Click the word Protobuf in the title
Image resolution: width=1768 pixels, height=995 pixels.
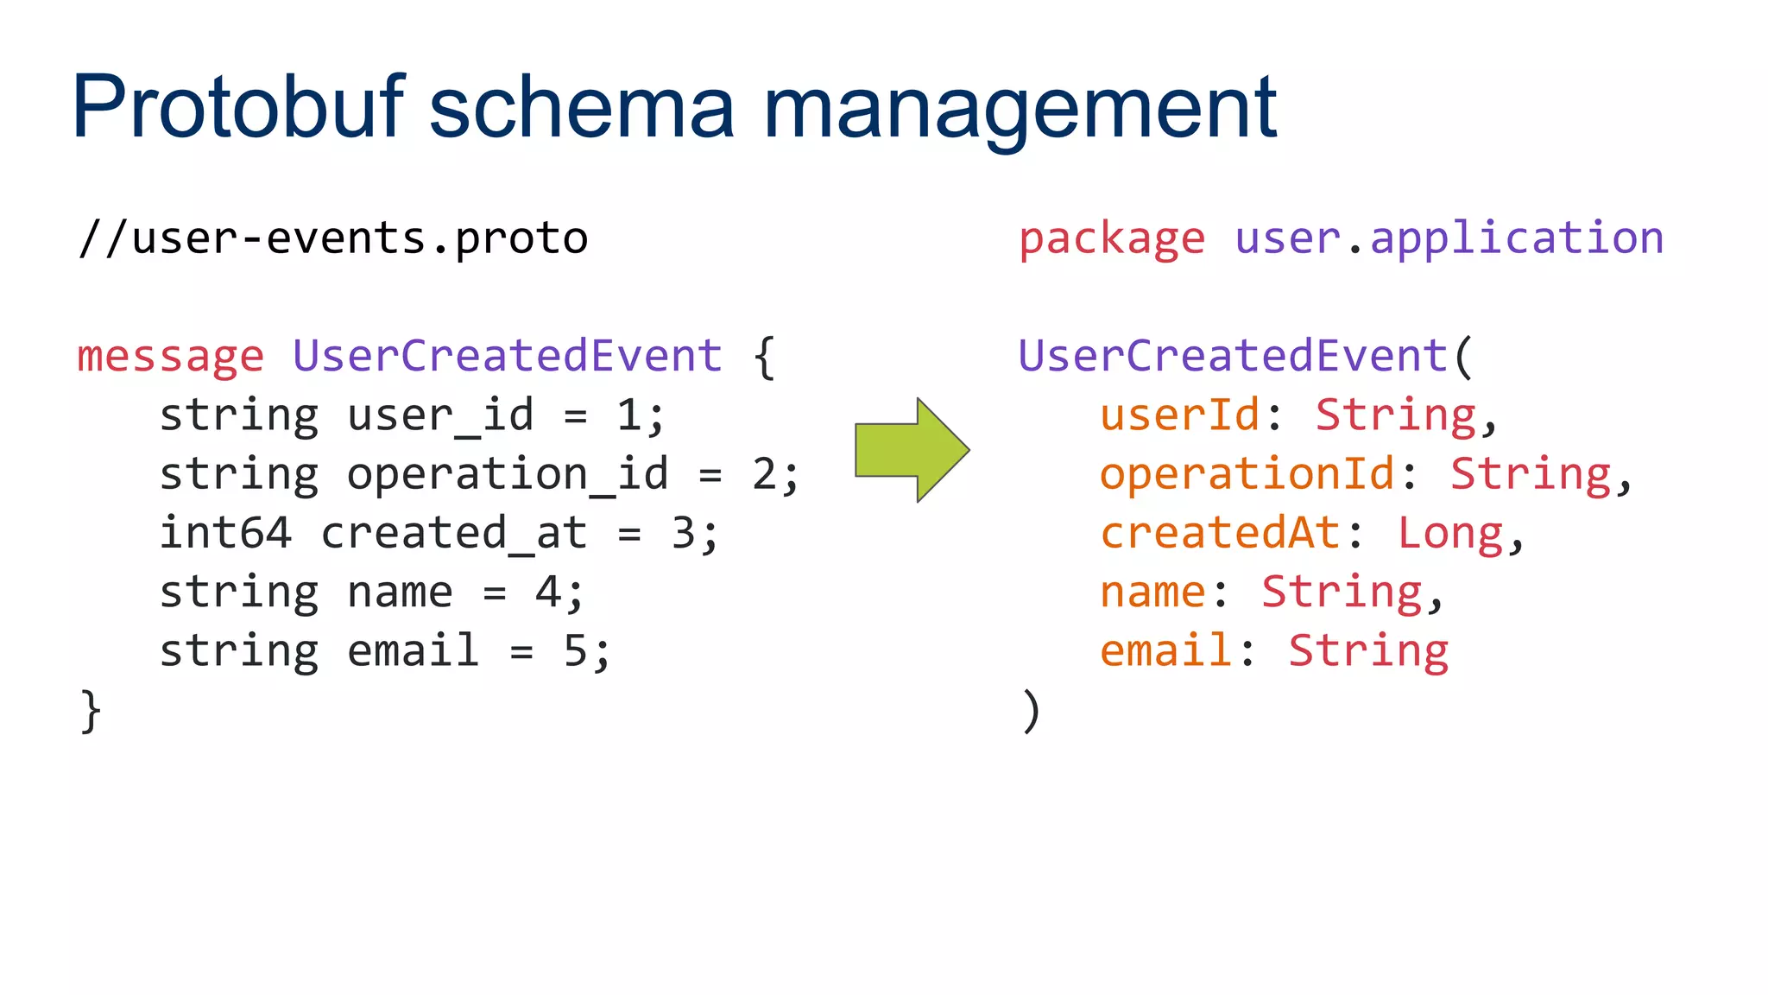click(x=237, y=108)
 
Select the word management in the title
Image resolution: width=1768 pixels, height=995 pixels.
click(x=1019, y=108)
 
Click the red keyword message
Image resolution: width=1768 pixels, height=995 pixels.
click(x=170, y=357)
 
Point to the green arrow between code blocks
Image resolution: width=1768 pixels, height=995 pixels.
click(x=912, y=450)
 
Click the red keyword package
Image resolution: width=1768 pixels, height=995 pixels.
click(x=1112, y=239)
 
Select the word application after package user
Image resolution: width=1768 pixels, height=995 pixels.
click(x=1517, y=239)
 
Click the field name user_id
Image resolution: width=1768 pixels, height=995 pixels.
click(x=440, y=415)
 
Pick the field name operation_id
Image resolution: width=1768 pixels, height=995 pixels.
click(x=508, y=474)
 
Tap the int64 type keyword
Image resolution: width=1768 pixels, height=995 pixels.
click(x=225, y=533)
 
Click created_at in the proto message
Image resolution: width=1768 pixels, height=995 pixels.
click(x=454, y=533)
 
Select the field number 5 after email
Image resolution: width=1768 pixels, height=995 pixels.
click(x=575, y=650)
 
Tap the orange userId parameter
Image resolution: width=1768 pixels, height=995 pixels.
click(x=1179, y=415)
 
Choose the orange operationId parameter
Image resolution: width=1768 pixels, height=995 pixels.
click(x=1247, y=474)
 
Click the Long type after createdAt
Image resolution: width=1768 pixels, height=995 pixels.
click(x=1450, y=533)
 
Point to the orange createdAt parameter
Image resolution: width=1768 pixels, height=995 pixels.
click(x=1220, y=533)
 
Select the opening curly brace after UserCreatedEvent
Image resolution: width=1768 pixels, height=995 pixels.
click(x=764, y=357)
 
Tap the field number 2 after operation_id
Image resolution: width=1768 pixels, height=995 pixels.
click(x=764, y=474)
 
